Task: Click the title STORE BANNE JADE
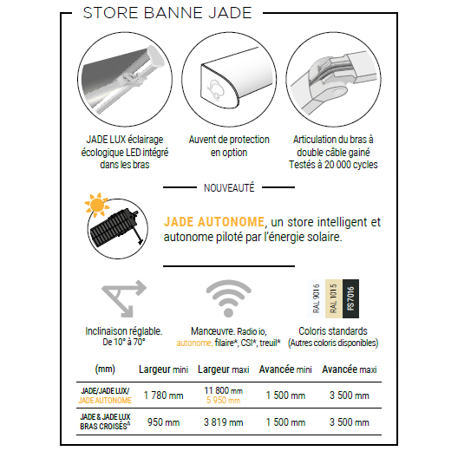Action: [x=167, y=13]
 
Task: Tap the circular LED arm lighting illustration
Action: [x=125, y=79]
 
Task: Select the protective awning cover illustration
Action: [x=229, y=79]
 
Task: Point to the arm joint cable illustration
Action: [x=333, y=79]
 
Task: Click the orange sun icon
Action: [x=96, y=205]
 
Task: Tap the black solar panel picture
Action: [x=115, y=228]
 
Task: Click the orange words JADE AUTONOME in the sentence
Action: [x=214, y=222]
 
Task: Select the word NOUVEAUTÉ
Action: [x=229, y=188]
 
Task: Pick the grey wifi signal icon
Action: [x=229, y=298]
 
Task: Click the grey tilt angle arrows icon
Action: [x=124, y=298]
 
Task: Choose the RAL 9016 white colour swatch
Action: [x=317, y=298]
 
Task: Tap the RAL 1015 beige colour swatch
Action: [x=334, y=298]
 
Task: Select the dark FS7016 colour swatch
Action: [x=350, y=298]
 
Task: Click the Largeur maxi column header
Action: [x=224, y=369]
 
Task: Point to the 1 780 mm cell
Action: [x=163, y=395]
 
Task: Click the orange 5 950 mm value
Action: [x=223, y=401]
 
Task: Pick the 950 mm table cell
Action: [x=163, y=422]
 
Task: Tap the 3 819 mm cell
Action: [x=223, y=422]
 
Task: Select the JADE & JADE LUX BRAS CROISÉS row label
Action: [x=105, y=422]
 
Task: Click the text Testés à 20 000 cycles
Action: [x=333, y=165]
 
